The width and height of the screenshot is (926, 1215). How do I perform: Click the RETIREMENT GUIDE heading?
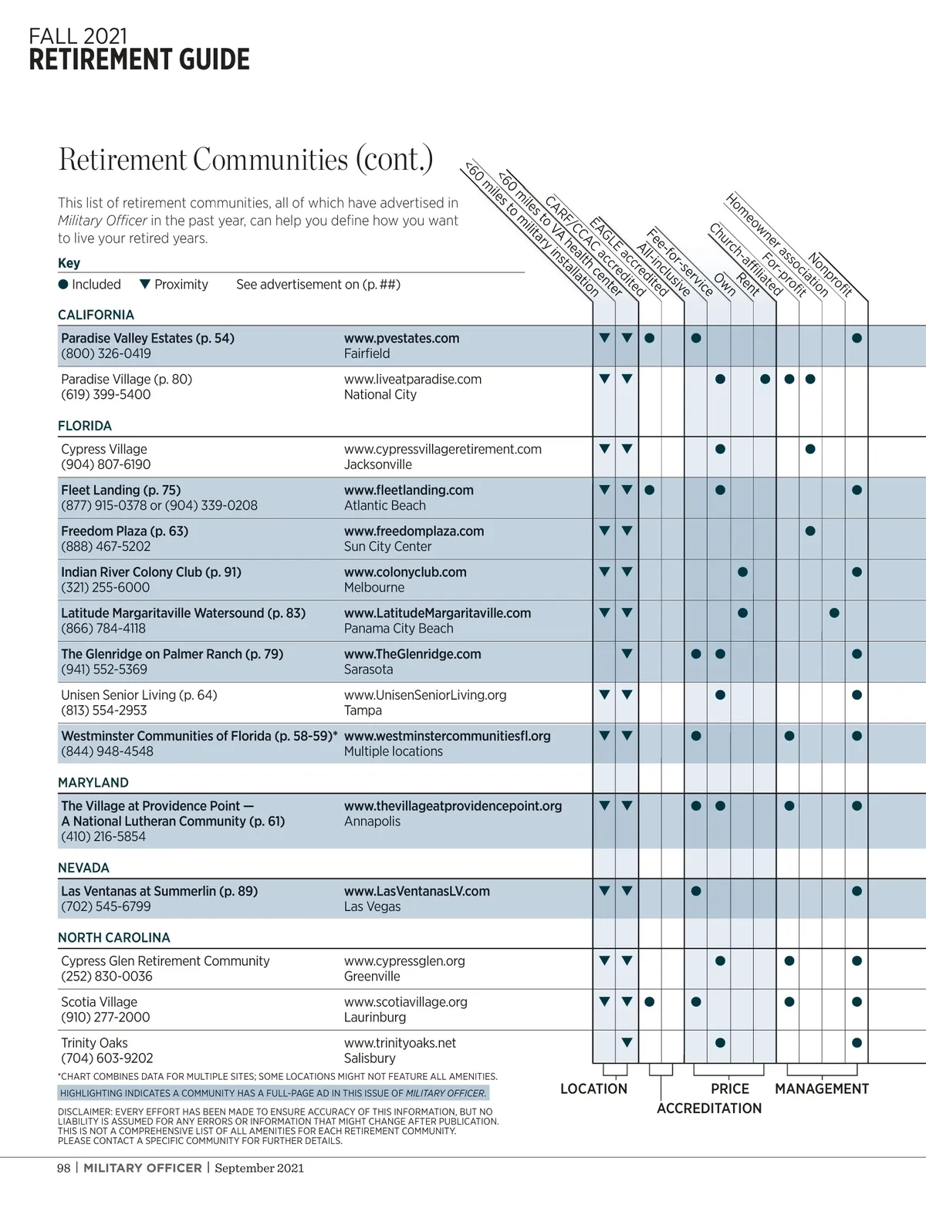(x=139, y=60)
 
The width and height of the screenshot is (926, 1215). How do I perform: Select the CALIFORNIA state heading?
(x=96, y=315)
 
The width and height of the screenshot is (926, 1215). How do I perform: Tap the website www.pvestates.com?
(x=401, y=338)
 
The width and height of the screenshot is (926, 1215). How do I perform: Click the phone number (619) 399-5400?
(x=106, y=394)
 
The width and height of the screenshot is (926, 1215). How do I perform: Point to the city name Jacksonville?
(x=377, y=464)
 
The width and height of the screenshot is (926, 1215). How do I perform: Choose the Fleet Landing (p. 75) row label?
(x=120, y=490)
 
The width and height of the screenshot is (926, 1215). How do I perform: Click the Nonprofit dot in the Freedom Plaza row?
(x=810, y=531)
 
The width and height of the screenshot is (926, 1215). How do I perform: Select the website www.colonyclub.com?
(x=405, y=572)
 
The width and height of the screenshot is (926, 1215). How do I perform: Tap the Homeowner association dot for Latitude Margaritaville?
(x=834, y=613)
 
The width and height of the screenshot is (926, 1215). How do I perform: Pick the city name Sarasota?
(x=368, y=670)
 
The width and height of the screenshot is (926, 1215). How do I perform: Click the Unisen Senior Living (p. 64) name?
(x=139, y=695)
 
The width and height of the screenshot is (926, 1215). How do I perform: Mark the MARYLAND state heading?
(x=93, y=782)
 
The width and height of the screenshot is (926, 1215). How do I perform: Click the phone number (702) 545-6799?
(x=106, y=906)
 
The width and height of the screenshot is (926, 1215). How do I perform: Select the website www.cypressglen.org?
(x=404, y=961)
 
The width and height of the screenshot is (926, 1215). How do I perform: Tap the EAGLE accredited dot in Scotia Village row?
(x=650, y=1002)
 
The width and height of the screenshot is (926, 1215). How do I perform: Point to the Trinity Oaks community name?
(x=94, y=1043)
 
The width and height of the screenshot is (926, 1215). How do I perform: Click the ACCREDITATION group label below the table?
(x=709, y=1109)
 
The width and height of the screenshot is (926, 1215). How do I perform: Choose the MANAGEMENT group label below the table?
(x=822, y=1089)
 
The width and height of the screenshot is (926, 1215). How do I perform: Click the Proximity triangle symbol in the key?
(x=144, y=284)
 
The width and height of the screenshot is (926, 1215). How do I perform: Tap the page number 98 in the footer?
(x=63, y=1168)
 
